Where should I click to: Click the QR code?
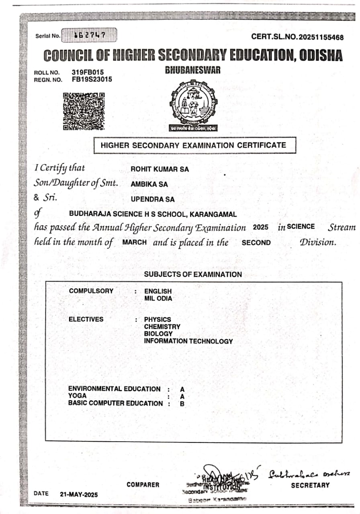[x=84, y=111]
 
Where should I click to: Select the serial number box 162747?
[x=89, y=35]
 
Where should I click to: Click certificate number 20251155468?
[x=320, y=37]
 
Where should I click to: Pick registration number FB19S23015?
[x=92, y=79]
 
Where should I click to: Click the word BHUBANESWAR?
[x=193, y=70]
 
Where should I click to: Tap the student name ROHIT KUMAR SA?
[x=160, y=169]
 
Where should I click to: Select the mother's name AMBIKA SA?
[x=149, y=184]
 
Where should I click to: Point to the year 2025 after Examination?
[x=260, y=227]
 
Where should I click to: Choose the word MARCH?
[x=134, y=243]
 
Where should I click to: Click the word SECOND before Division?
[x=256, y=243]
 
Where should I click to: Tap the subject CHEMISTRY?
[x=162, y=326]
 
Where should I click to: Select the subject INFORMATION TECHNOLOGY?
[x=188, y=341]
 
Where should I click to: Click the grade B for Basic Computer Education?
[x=182, y=404]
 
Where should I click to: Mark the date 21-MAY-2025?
[x=79, y=494]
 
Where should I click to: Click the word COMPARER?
[x=143, y=485]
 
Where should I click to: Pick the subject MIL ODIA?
[x=158, y=298]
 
